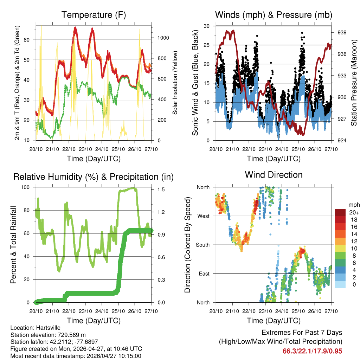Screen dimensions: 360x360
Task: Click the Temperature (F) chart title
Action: [x=94, y=15]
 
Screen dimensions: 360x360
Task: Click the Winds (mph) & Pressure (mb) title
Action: [x=274, y=15]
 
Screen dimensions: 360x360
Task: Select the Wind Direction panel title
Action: [x=274, y=174]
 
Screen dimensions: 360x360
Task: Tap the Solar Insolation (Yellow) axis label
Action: [x=175, y=83]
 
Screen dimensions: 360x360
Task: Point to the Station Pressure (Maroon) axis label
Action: [x=354, y=83]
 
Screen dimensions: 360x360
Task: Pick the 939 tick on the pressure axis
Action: [x=342, y=32]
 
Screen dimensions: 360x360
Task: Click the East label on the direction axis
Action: [x=204, y=274]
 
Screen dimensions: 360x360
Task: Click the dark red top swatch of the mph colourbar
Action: [x=340, y=212]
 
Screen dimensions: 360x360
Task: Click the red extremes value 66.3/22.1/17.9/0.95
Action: [x=312, y=351]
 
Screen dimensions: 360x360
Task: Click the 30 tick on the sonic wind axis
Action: [x=207, y=26]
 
